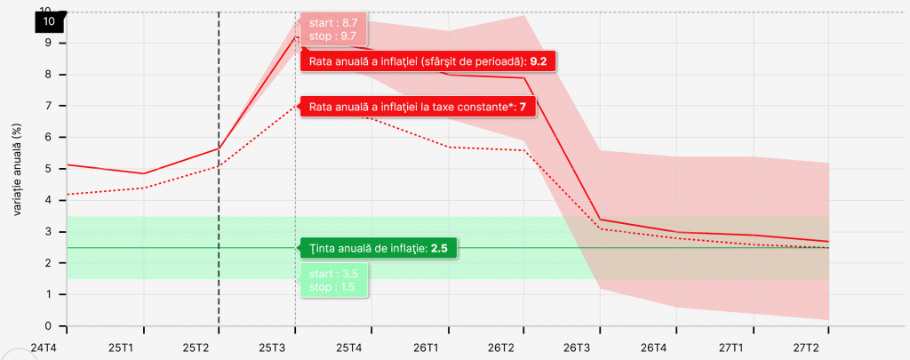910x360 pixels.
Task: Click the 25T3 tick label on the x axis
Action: [x=272, y=347]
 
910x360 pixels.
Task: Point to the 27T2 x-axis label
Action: [x=805, y=347]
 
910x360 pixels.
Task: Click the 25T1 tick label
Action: [x=120, y=347]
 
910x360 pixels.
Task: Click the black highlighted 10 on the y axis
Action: [x=48, y=21]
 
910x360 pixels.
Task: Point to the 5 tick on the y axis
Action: [x=50, y=169]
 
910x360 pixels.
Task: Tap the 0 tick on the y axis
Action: [x=50, y=326]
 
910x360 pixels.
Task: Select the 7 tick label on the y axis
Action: [x=50, y=106]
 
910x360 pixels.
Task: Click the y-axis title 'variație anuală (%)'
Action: [x=17, y=169]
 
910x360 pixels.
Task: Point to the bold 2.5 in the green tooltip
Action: [x=439, y=248]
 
